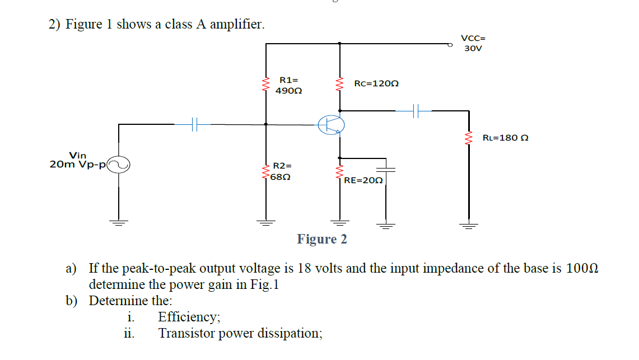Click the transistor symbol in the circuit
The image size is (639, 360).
click(x=332, y=124)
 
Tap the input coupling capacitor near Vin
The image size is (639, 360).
click(x=193, y=124)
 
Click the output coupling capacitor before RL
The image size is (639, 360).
click(x=415, y=111)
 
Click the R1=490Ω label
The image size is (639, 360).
click(x=289, y=85)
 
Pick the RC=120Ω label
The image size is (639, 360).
click(x=376, y=83)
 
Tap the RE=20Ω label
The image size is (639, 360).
click(x=363, y=180)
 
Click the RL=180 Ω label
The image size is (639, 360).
click(x=505, y=138)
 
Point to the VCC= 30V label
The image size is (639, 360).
click(x=473, y=43)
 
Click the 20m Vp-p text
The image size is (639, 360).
click(x=78, y=165)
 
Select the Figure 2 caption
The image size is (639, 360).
click(x=322, y=239)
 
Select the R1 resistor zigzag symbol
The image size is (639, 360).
click(x=265, y=85)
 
